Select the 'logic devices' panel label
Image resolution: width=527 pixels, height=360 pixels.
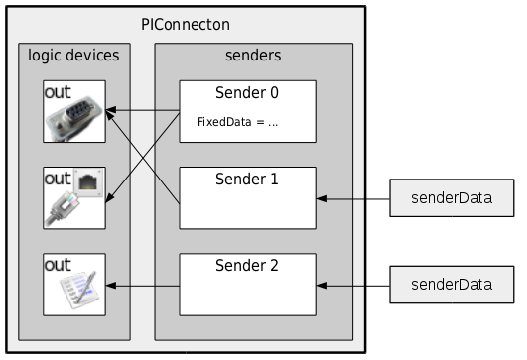pyautogui.click(x=74, y=55)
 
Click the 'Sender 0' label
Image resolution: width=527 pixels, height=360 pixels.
pyautogui.click(x=246, y=93)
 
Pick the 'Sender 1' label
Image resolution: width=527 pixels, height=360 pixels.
pyautogui.click(x=246, y=180)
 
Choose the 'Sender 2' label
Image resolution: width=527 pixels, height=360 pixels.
pyautogui.click(x=246, y=266)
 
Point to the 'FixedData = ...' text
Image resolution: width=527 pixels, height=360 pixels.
pyautogui.click(x=239, y=124)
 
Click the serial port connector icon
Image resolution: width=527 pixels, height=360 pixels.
pyautogui.click(x=75, y=121)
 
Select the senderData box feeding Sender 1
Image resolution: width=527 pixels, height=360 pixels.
pyautogui.click(x=453, y=199)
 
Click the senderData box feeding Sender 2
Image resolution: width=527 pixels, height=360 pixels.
pyautogui.click(x=453, y=286)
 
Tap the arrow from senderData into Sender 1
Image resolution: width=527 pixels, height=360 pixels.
pyautogui.click(x=351, y=199)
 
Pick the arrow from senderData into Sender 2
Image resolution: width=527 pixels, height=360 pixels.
pyautogui.click(x=351, y=286)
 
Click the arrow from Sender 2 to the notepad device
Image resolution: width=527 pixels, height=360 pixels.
pyautogui.click(x=143, y=286)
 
